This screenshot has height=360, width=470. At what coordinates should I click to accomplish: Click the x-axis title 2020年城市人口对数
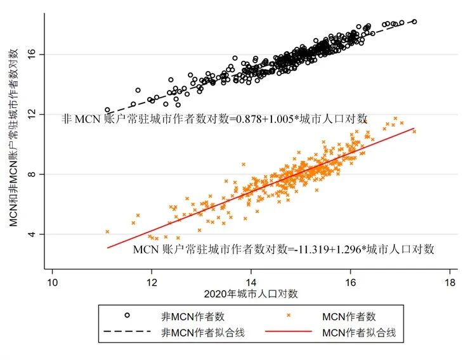tap(251, 294)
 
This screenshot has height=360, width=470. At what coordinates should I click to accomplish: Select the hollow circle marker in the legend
tap(127, 315)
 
